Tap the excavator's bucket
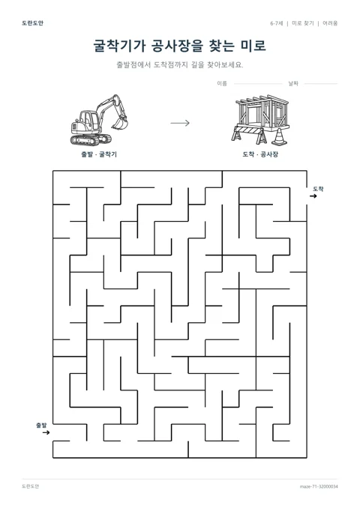click(x=120, y=123)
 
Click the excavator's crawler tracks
click(x=91, y=139)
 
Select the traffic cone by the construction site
click(x=279, y=136)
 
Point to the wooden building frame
click(x=262, y=112)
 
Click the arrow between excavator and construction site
click(x=180, y=123)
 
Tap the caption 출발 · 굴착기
click(x=99, y=154)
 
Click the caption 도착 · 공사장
click(x=260, y=154)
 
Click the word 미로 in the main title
click(x=253, y=46)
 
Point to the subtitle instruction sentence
click(x=180, y=64)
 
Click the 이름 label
click(x=222, y=84)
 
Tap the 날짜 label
click(x=293, y=84)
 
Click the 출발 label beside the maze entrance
click(x=41, y=425)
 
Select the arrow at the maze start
click(x=46, y=432)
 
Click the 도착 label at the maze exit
click(x=318, y=189)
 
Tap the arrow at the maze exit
click(x=313, y=196)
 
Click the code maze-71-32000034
click(x=319, y=486)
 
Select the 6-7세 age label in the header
click(x=277, y=23)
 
